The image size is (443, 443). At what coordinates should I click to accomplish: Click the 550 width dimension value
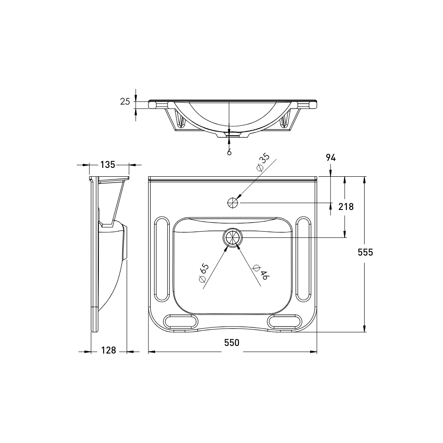point(232,342)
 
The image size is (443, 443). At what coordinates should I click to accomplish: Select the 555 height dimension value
point(365,252)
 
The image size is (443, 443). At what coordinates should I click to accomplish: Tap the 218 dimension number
point(346,206)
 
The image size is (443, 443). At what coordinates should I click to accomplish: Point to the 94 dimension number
point(330,157)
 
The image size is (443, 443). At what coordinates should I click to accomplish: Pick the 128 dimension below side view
point(108,350)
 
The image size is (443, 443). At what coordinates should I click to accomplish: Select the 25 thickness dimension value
point(125,101)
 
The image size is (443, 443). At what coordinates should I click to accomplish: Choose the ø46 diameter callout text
point(260,272)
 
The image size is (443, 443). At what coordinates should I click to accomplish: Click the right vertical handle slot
point(303,259)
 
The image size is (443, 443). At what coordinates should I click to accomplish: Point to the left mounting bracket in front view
point(179,120)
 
